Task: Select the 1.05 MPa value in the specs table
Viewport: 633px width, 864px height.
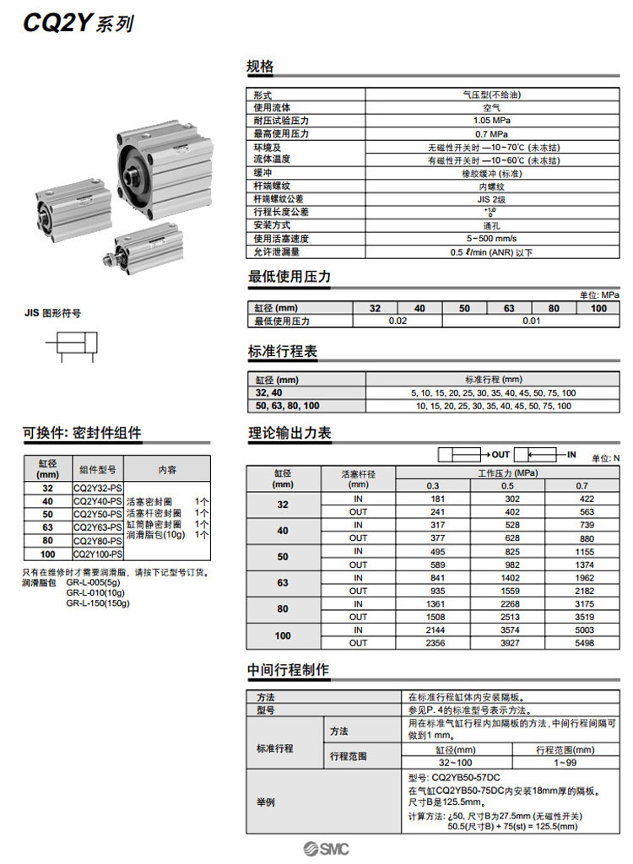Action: pyautogui.click(x=490, y=121)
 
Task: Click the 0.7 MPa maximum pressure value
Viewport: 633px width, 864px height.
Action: pyautogui.click(x=490, y=133)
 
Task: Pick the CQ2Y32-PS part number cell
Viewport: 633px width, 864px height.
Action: pyautogui.click(x=98, y=488)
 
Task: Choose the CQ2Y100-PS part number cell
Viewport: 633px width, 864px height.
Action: pyautogui.click(x=98, y=553)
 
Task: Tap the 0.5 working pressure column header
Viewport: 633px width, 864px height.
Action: pyautogui.click(x=507, y=485)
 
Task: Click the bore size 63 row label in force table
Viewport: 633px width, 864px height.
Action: pyautogui.click(x=283, y=583)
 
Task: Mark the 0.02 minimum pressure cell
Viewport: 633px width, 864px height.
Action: pyautogui.click(x=398, y=321)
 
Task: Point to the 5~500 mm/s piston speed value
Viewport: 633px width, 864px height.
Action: pyautogui.click(x=490, y=239)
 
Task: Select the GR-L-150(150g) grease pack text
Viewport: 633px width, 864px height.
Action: pyautogui.click(x=98, y=602)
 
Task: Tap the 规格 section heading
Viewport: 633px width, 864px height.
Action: pyautogui.click(x=260, y=67)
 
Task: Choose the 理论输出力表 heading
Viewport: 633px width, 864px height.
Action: pyautogui.click(x=289, y=433)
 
